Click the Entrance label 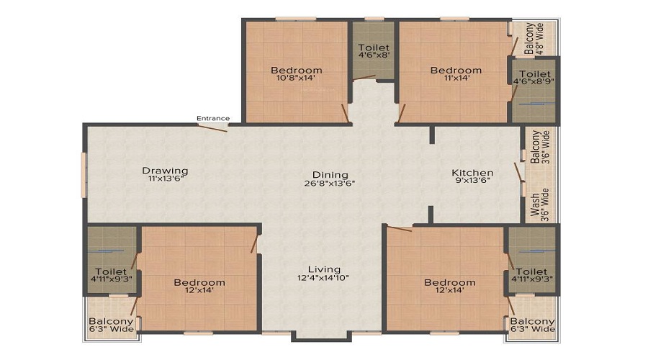click(x=214, y=119)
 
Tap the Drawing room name click(x=165, y=171)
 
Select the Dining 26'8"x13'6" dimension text click(x=330, y=184)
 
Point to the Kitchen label click(x=472, y=173)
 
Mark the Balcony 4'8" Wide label click(x=534, y=38)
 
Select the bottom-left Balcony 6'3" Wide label click(x=111, y=325)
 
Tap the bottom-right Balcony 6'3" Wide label click(x=533, y=325)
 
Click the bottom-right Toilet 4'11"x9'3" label click(x=533, y=275)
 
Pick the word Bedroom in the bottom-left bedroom click(x=199, y=282)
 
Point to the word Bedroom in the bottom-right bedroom click(x=449, y=282)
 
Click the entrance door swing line click(x=214, y=128)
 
